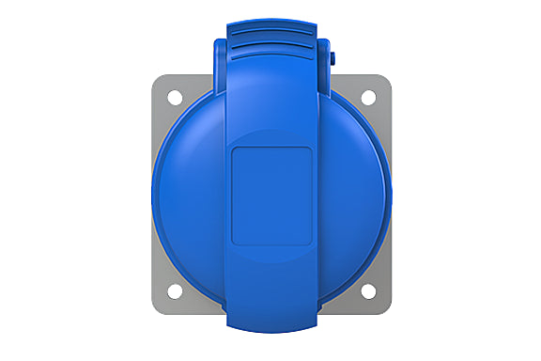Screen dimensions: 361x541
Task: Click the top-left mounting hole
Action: click(x=175, y=95)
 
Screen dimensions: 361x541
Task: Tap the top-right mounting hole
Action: click(x=367, y=95)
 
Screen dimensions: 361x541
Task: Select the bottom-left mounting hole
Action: click(x=175, y=290)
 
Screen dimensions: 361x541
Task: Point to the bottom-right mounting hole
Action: click(x=367, y=290)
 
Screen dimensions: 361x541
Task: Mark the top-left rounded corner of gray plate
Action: click(x=155, y=78)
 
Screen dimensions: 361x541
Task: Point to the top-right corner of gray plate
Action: click(x=386, y=78)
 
